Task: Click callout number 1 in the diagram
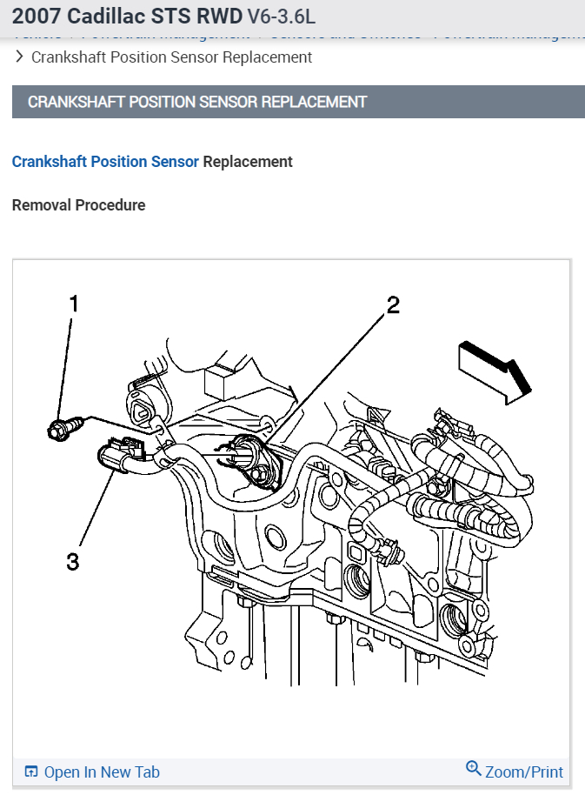click(x=74, y=304)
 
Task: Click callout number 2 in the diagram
click(x=393, y=304)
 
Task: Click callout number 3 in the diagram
click(x=73, y=561)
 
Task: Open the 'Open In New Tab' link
click(x=101, y=772)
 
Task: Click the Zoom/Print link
click(x=523, y=772)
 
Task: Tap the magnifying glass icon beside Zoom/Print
click(x=474, y=769)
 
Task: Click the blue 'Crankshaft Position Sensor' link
click(x=105, y=162)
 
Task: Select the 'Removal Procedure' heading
click(x=78, y=205)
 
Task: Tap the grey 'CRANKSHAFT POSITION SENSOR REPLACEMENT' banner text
click(x=197, y=102)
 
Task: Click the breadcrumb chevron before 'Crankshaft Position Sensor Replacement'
click(x=19, y=57)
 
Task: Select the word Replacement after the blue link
click(x=248, y=162)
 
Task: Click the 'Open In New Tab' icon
click(x=31, y=772)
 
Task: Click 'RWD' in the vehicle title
click(x=220, y=17)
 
